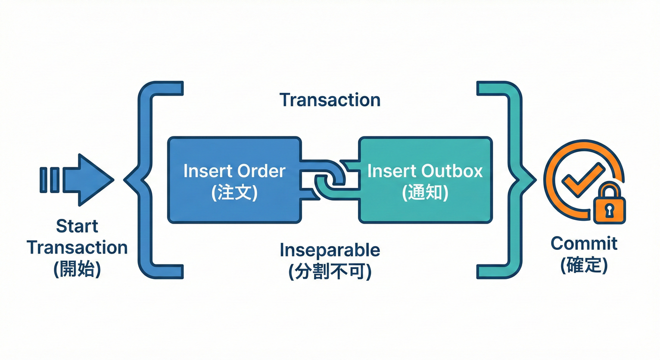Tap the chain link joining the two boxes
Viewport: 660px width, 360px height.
click(330, 180)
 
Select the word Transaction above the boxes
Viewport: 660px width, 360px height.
click(330, 100)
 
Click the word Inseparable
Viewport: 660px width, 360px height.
click(330, 250)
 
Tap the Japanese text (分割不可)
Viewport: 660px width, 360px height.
click(330, 272)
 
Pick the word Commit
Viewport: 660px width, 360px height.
click(584, 243)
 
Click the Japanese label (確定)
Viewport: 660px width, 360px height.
click(584, 265)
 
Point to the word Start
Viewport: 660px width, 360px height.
click(77, 226)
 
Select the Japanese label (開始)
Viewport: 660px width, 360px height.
click(77, 270)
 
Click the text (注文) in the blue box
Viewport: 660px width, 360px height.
click(234, 193)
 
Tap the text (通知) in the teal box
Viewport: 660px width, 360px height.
click(425, 193)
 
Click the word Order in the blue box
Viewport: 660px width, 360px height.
click(260, 171)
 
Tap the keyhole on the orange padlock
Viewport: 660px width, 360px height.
click(609, 210)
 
